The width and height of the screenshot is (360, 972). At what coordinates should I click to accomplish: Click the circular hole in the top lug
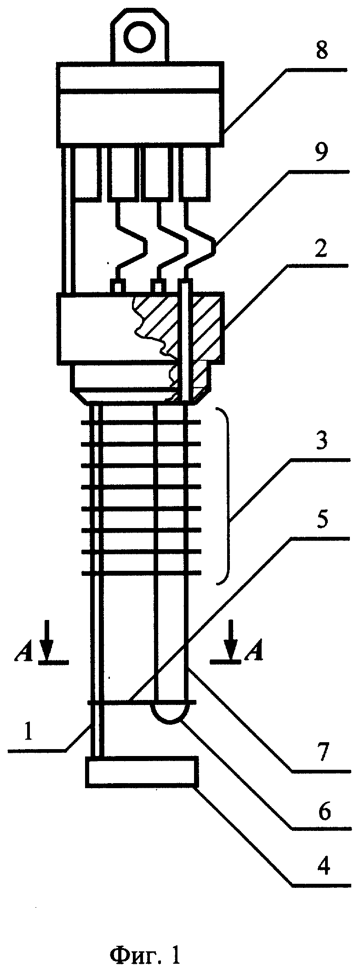click(x=139, y=36)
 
